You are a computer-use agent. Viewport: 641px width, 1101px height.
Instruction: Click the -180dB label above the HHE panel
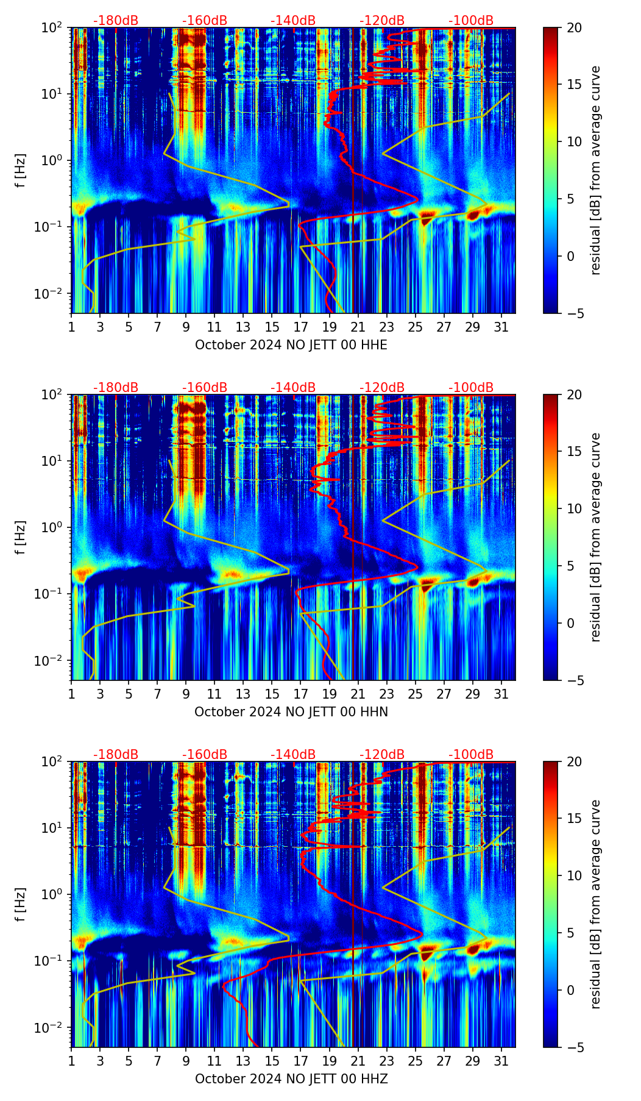tap(116, 21)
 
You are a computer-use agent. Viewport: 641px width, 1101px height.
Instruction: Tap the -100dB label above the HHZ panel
tap(471, 755)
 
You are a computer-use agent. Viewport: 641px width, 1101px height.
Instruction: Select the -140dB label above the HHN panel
tap(293, 388)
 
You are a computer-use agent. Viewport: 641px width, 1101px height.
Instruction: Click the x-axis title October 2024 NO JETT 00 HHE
tap(291, 345)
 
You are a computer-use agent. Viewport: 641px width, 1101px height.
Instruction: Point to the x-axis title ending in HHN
tap(291, 712)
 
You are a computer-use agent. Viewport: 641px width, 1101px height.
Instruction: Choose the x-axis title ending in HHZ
tap(291, 1079)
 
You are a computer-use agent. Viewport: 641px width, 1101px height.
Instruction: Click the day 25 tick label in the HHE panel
tap(415, 327)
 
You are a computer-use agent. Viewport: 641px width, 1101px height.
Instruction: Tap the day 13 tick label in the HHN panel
tap(243, 694)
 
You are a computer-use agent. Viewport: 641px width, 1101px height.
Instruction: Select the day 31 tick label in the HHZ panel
tap(501, 1061)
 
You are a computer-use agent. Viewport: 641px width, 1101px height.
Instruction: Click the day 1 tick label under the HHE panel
tap(72, 327)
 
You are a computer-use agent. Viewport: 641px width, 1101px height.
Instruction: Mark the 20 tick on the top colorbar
tap(575, 27)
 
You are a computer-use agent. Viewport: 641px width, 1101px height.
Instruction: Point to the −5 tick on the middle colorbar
tap(575, 680)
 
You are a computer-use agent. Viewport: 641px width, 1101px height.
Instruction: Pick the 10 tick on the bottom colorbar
tap(575, 875)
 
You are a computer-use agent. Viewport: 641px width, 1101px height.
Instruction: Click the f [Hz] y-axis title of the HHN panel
tap(21, 537)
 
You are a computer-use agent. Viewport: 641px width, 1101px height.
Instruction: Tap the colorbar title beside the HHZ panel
tap(595, 904)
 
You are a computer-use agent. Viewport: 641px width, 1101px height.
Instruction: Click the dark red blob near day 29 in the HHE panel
tap(475, 215)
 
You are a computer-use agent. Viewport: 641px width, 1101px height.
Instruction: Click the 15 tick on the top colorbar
tap(575, 85)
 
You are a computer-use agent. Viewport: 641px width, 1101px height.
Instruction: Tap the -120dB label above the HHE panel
tap(382, 21)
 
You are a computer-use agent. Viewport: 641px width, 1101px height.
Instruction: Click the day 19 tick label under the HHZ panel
tap(329, 1061)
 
